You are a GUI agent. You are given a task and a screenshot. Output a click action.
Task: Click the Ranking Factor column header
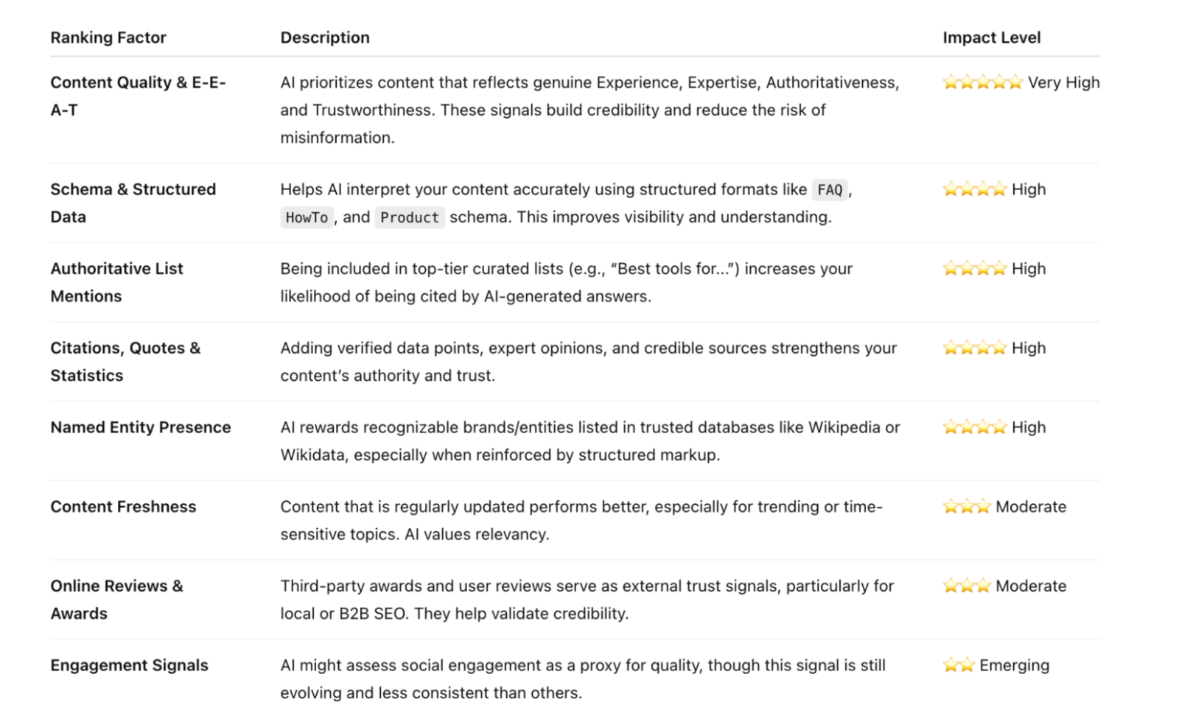(x=108, y=38)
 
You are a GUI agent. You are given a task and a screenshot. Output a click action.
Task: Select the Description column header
(x=325, y=38)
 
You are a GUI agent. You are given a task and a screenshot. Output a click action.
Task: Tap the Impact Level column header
(x=991, y=38)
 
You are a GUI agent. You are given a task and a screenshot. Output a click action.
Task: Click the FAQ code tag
(x=830, y=190)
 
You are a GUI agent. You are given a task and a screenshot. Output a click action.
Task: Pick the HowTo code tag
(x=307, y=217)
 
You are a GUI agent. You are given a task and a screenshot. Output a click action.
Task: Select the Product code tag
(x=410, y=217)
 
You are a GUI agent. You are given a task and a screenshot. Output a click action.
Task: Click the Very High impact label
(x=1063, y=83)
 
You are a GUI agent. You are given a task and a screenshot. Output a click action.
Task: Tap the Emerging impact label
(x=1014, y=665)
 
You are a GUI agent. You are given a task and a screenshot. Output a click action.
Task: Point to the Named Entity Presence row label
(x=141, y=427)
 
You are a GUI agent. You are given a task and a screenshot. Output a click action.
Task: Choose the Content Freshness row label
(x=123, y=507)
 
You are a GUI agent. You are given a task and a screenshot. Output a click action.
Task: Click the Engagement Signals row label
(x=129, y=665)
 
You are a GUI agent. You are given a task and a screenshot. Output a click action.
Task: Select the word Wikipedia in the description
(x=844, y=427)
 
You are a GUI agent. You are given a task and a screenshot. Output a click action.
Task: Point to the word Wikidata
(x=312, y=455)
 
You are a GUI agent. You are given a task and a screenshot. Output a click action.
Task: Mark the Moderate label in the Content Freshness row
(x=1031, y=507)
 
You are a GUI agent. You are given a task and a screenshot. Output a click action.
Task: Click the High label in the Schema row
(x=1029, y=189)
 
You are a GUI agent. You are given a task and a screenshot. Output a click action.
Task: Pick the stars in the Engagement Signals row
(x=959, y=665)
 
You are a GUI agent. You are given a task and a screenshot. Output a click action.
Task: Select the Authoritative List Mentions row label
(x=116, y=282)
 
